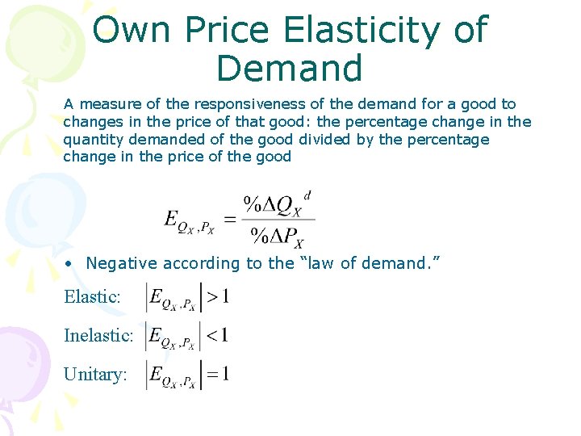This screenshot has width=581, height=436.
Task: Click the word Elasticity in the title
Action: [x=363, y=31]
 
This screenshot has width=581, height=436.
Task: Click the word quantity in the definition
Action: [x=90, y=140]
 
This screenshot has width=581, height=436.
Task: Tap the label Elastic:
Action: [x=93, y=297]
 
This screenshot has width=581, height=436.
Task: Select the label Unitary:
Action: [x=95, y=375]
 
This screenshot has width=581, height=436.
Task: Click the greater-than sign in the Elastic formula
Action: [x=211, y=297]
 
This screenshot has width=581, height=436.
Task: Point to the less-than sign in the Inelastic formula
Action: [x=211, y=335]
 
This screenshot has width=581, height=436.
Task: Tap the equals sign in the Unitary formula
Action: [x=211, y=375]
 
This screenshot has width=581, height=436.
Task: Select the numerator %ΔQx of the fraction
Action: [x=274, y=205]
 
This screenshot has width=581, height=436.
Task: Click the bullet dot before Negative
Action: [x=71, y=263]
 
